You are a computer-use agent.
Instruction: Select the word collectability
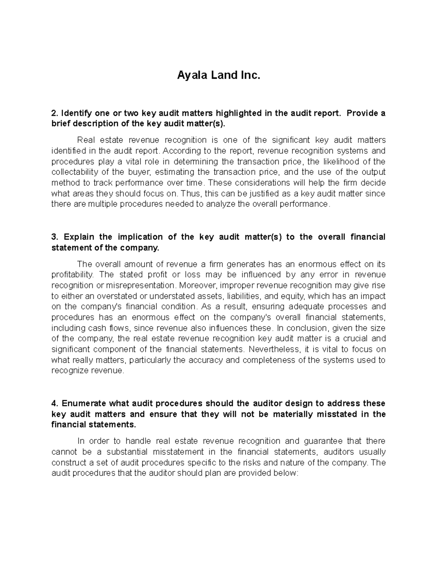pos(77,172)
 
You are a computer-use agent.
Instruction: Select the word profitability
pos(72,275)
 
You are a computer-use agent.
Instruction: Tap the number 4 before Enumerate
pos(54,403)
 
